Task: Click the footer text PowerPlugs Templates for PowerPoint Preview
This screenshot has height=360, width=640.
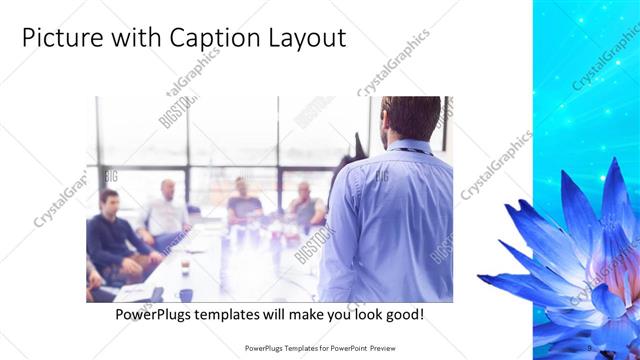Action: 320,348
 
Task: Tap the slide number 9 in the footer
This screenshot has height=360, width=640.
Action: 590,347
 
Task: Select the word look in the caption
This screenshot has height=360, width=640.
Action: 362,314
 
